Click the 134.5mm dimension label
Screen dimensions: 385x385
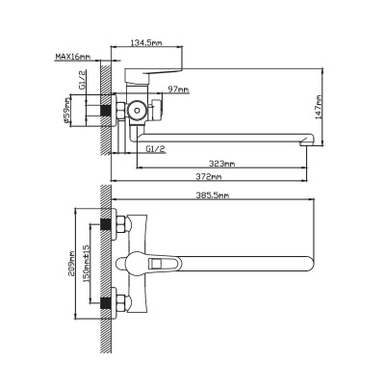click(146, 42)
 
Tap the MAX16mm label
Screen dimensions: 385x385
click(73, 57)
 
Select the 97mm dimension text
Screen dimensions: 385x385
click(178, 90)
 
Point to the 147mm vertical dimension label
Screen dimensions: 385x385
click(319, 107)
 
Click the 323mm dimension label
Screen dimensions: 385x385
click(222, 164)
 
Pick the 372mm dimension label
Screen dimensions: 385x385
click(209, 177)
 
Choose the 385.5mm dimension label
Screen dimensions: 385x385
click(213, 195)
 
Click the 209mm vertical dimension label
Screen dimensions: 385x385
click(71, 264)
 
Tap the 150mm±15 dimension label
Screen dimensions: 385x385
click(87, 264)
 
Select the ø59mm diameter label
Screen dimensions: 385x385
click(66, 110)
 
